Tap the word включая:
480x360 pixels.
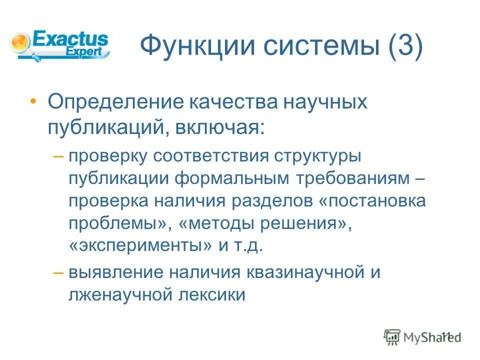[x=218, y=127]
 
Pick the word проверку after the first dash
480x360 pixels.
[x=107, y=156]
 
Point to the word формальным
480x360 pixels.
[x=232, y=179]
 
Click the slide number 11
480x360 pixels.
[x=446, y=335]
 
